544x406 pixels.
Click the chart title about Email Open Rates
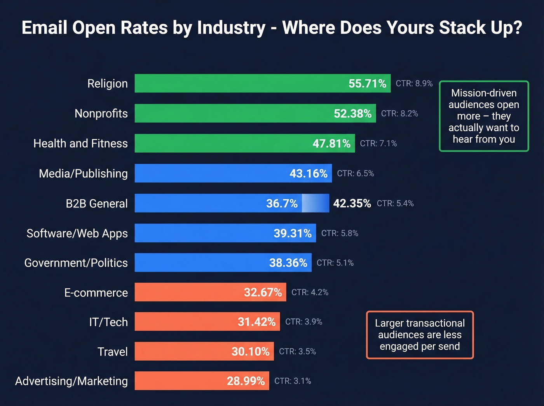coord(272,28)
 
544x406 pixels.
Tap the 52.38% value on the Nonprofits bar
coord(352,113)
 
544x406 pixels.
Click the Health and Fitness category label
coord(80,143)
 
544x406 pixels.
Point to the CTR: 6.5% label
coord(355,173)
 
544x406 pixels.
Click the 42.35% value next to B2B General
coord(352,203)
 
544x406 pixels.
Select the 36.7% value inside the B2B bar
coord(282,203)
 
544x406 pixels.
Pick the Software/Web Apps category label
coord(77,233)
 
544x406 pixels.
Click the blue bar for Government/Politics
coord(202,263)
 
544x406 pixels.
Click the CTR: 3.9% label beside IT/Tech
coord(303,322)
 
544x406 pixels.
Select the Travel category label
coord(112,352)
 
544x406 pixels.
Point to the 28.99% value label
coord(246,381)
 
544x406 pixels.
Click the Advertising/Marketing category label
coord(71,381)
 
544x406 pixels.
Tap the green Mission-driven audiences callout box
coord(484,116)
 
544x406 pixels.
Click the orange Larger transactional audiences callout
coord(420,335)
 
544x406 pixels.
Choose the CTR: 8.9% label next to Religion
coord(414,84)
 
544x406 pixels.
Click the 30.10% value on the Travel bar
coord(250,352)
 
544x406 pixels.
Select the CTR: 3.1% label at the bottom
coord(293,381)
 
